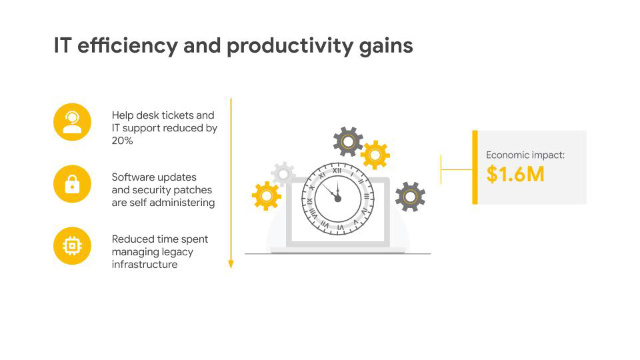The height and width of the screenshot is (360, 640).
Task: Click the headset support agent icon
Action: click(72, 122)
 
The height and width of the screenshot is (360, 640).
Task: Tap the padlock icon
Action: click(72, 184)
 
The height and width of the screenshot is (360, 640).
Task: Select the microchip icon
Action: click(72, 246)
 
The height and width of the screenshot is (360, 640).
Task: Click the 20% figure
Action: click(123, 141)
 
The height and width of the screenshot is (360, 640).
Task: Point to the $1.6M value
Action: click(515, 174)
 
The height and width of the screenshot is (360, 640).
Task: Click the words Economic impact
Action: click(525, 155)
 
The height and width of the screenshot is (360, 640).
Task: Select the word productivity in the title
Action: click(289, 46)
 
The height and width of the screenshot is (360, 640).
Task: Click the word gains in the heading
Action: click(386, 47)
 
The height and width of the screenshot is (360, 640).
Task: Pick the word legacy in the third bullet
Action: click(179, 252)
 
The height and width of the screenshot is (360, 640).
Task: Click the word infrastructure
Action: click(145, 265)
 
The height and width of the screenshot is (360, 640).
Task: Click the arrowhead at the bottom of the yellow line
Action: click(231, 265)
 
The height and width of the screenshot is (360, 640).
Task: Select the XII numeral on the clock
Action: click(337, 171)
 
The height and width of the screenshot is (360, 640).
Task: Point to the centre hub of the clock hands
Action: click(337, 199)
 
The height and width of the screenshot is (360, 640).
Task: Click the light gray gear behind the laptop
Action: click(283, 174)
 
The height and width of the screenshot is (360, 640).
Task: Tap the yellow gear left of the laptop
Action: click(267, 196)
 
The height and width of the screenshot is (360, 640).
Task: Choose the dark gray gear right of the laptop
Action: click(410, 197)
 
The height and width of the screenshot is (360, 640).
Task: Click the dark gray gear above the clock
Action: click(348, 141)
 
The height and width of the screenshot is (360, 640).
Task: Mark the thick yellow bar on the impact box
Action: click(475, 167)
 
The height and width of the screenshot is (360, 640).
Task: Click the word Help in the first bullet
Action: click(123, 115)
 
